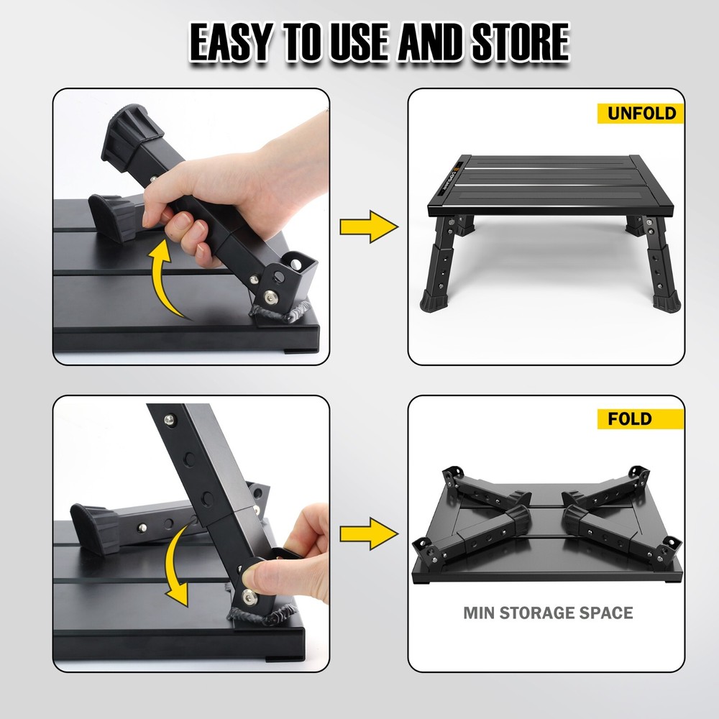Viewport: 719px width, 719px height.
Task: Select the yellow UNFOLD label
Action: [640, 114]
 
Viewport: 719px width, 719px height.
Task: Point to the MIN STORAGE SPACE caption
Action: [548, 613]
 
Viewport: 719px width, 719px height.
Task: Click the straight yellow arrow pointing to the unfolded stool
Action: [368, 227]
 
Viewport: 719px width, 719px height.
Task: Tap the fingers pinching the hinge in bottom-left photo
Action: [288, 554]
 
